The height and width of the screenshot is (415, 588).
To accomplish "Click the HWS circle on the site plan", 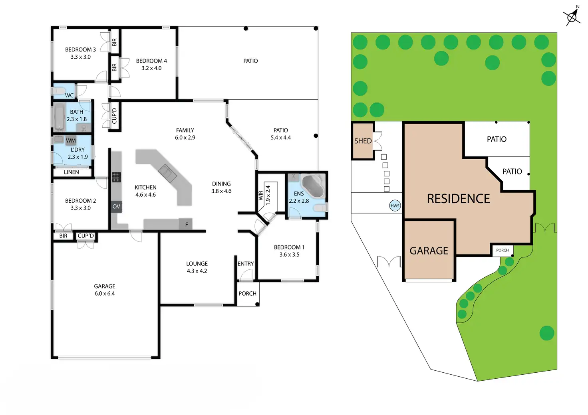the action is point(395,206).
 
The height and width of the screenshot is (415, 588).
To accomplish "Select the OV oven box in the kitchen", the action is point(116,207).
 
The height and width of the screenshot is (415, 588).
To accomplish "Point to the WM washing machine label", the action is point(71,140).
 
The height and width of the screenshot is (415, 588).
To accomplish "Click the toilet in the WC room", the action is point(59,91).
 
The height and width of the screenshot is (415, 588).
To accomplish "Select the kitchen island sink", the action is point(168,173).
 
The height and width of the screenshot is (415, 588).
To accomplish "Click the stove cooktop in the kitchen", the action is point(116,177).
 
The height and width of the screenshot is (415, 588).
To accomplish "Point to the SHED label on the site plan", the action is point(363,141).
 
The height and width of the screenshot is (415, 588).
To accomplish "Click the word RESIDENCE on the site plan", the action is point(458,199).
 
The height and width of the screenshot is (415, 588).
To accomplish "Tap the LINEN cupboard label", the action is point(72,172).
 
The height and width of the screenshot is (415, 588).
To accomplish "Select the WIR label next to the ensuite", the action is point(261,196).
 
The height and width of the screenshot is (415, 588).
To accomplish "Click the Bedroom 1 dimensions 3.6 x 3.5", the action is point(289,255).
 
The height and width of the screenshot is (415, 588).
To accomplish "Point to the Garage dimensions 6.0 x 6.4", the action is point(105,294).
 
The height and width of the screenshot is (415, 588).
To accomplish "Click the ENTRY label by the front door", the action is point(245,264).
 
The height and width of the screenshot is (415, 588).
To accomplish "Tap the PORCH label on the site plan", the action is point(503,250).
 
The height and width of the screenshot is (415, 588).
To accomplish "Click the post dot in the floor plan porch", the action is point(257,304).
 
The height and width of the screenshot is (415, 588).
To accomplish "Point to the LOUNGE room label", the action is point(197,264).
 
